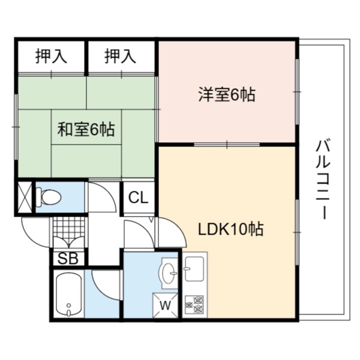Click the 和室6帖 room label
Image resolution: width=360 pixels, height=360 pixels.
point(86,130)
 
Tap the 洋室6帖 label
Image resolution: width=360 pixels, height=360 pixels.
point(227,95)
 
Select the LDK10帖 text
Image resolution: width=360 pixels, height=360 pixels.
point(231,229)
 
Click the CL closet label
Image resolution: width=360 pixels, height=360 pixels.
point(138,197)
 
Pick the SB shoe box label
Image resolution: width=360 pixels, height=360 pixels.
point(68,258)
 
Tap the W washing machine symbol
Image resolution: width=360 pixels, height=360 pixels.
point(166,305)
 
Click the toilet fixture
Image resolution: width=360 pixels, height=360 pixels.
point(49,197)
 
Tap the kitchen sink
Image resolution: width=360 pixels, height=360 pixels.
point(194,269)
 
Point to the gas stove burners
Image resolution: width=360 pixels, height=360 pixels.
point(194,305)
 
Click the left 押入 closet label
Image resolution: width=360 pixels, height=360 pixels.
point(51,56)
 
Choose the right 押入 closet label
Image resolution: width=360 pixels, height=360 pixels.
point(121,56)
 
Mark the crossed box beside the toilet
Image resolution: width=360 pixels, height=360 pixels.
point(25,197)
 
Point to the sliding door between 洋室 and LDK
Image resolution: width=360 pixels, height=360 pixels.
point(227,145)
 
